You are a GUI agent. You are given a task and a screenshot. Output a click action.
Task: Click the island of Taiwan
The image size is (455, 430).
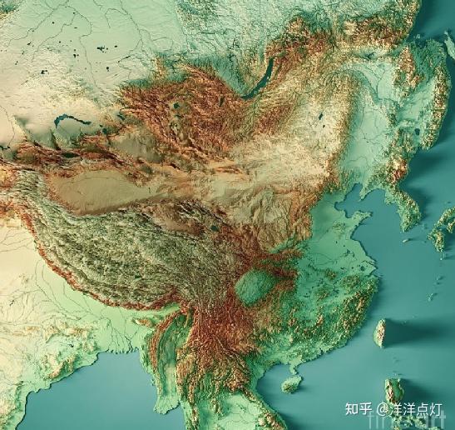point(380,332)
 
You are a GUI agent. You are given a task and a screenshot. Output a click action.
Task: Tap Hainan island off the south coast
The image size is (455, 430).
point(291,383)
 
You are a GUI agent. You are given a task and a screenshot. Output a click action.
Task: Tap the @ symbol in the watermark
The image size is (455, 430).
point(382,409)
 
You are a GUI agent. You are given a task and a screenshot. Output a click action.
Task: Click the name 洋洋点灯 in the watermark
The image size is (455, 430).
point(417,409)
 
